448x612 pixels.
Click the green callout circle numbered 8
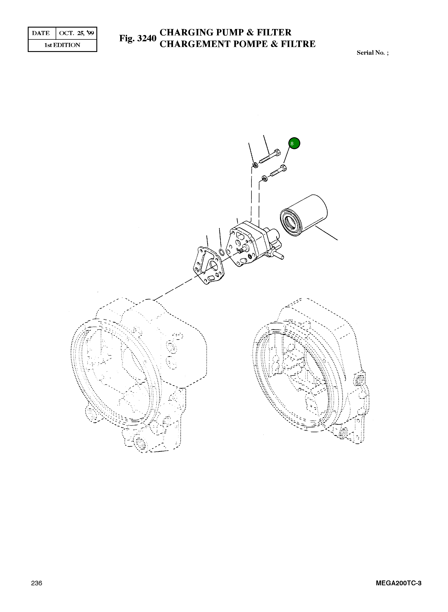(x=294, y=143)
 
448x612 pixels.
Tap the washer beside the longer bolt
(x=255, y=165)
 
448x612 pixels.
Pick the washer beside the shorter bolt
(x=264, y=179)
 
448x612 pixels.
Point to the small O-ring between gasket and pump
(x=221, y=252)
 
